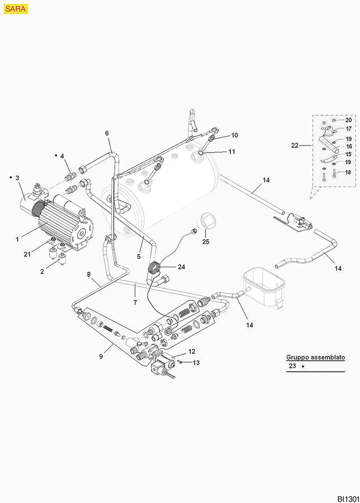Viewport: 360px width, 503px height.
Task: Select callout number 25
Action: click(x=206, y=241)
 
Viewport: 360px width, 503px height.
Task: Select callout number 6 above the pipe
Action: click(x=107, y=133)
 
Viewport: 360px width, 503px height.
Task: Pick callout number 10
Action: click(x=235, y=135)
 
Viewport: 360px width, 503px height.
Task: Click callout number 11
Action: click(x=232, y=152)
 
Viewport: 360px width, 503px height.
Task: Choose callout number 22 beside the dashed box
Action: click(x=294, y=145)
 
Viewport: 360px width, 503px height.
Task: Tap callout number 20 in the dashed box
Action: click(x=348, y=120)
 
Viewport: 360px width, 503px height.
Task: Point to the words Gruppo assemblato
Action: click(x=316, y=357)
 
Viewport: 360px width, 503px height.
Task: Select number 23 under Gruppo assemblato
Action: click(x=292, y=366)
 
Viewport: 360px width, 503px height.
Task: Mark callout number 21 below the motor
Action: click(x=27, y=254)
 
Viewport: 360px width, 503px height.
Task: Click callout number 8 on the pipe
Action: click(x=88, y=274)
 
